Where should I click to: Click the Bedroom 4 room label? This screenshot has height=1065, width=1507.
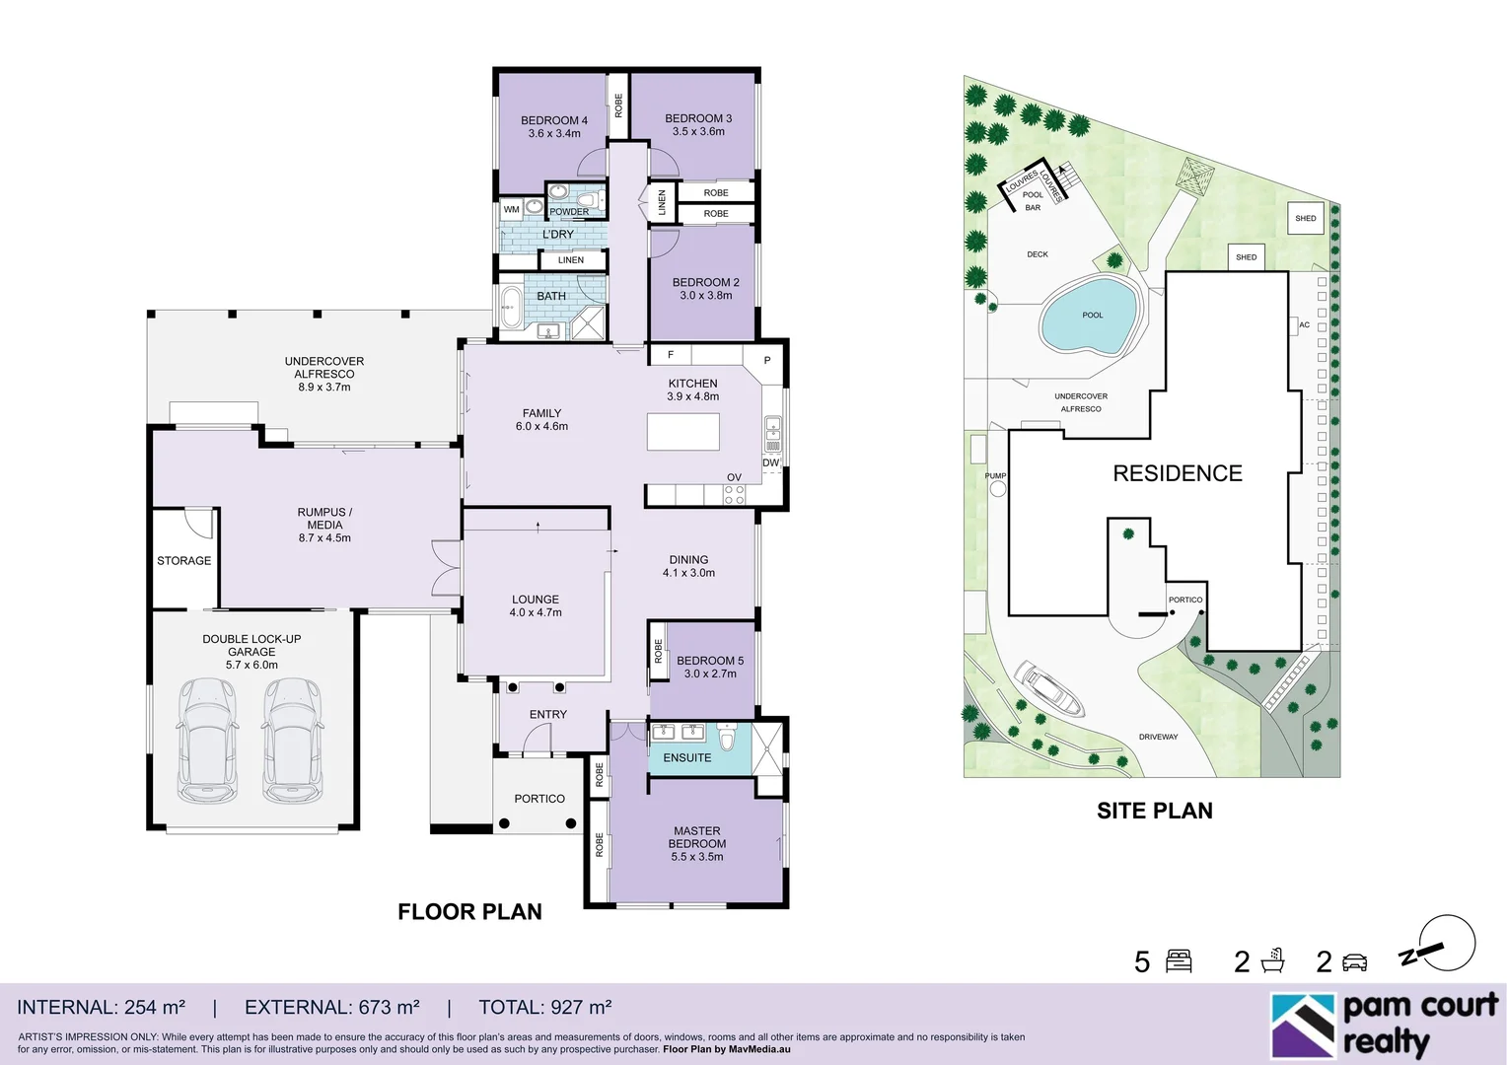point(553,120)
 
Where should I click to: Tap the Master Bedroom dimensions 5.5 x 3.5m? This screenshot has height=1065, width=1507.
point(696,857)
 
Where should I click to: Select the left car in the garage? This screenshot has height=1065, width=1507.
point(207,740)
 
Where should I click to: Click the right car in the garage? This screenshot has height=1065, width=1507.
point(292,740)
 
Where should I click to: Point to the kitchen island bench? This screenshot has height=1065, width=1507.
point(682,432)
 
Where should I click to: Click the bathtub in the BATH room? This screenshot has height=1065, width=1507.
point(510,307)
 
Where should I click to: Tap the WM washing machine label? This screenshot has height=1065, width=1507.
point(511,209)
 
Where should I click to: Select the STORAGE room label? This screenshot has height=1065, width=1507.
point(183,561)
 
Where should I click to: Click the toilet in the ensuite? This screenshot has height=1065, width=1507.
point(728,737)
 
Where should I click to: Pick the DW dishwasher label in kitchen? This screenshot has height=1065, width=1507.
point(770,462)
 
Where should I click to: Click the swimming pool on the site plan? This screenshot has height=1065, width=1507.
point(1088,316)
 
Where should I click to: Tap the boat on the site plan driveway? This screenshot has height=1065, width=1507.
point(1050,688)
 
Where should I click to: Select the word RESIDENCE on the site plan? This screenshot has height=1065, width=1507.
point(1177,473)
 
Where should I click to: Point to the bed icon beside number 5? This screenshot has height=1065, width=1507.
point(1179,960)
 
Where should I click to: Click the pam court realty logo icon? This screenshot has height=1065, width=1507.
point(1302,1026)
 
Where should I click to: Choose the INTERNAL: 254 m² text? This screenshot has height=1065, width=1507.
point(101,1007)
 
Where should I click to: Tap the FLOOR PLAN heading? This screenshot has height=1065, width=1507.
point(469,911)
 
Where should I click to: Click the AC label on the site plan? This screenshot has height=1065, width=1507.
point(1304,324)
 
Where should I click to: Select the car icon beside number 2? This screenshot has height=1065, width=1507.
point(1355,961)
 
